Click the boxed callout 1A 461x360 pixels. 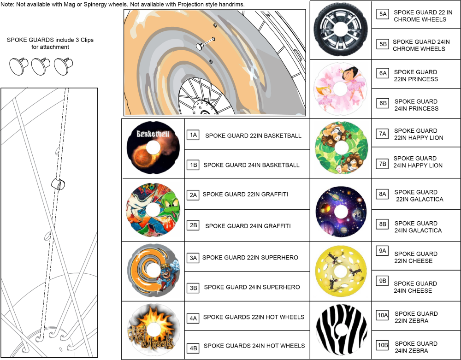(193, 135)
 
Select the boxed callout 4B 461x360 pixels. (193, 348)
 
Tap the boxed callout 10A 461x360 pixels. (383, 315)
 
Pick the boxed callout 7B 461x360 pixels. (383, 164)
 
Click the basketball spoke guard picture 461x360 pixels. (153, 148)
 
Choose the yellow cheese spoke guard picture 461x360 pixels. (341, 271)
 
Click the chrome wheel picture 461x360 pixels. (341, 29)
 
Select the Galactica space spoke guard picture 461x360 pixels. (341, 212)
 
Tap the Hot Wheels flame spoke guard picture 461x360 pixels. (153, 330)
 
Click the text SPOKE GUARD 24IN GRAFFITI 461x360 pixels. (248, 226)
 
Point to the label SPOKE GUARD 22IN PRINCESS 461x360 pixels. (416, 76)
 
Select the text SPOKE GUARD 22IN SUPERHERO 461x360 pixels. (250, 257)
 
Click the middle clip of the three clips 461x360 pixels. (41, 66)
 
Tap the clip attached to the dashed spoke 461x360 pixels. (58, 183)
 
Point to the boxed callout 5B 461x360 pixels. (383, 44)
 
